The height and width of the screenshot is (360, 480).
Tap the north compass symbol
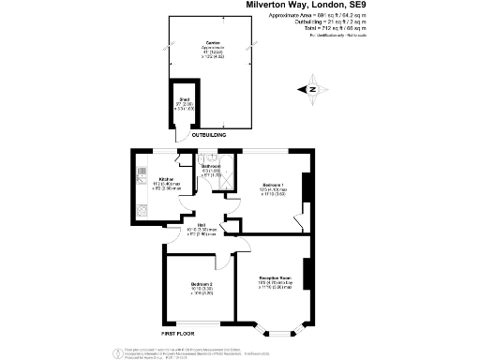click(312, 89)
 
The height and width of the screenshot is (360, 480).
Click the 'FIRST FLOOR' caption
click(177, 333)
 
